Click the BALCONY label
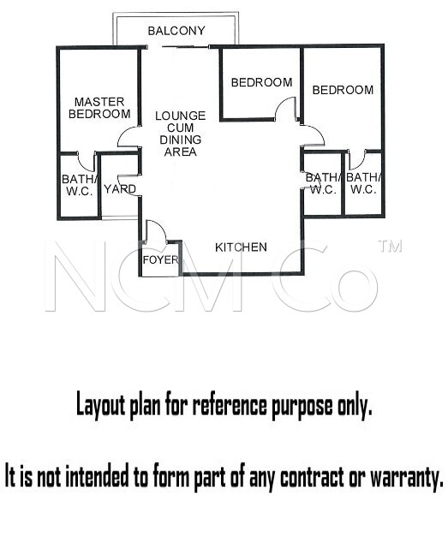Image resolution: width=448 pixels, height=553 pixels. (x=176, y=31)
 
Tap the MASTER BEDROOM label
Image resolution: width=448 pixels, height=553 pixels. (x=99, y=108)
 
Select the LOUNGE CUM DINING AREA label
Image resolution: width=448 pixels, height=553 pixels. (x=180, y=134)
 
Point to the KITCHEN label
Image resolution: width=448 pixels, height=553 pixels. (x=241, y=247)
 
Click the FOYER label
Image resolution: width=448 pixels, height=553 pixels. (x=161, y=260)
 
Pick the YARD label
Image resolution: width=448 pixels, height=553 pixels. (x=120, y=189)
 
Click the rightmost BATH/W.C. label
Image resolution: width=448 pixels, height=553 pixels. (x=363, y=183)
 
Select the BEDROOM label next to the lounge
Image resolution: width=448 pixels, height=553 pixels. (x=261, y=82)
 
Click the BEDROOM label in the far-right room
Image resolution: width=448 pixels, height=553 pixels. (x=343, y=90)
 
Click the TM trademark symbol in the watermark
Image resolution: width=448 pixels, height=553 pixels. (x=390, y=247)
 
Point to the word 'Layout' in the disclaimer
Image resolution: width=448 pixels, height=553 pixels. (x=100, y=405)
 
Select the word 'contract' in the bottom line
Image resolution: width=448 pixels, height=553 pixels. (x=312, y=477)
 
